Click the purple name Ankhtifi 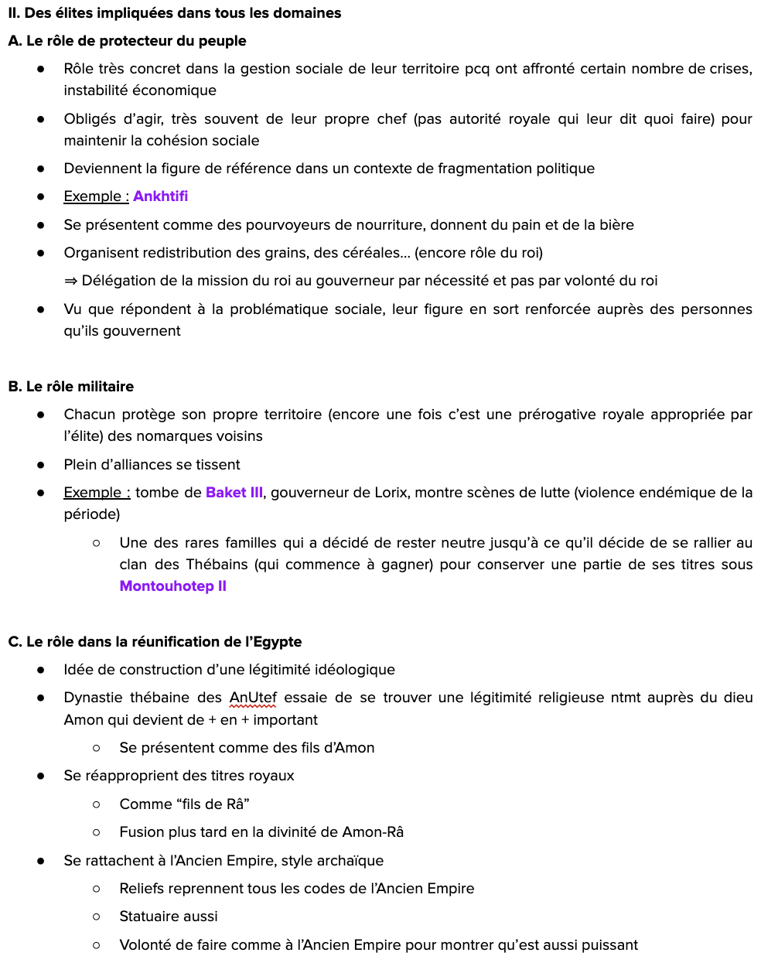click(x=160, y=196)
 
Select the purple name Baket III click(x=234, y=493)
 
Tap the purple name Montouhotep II click(x=172, y=586)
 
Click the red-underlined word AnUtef click(x=253, y=698)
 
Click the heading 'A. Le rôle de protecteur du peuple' click(x=127, y=41)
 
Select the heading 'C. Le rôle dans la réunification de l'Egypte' click(x=155, y=642)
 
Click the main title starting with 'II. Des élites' click(x=175, y=13)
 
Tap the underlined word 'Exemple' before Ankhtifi click(x=93, y=196)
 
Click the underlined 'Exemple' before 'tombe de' click(x=93, y=493)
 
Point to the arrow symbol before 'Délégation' click(x=70, y=281)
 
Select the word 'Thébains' click(x=217, y=565)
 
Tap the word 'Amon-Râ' click(x=373, y=832)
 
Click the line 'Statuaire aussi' click(x=169, y=917)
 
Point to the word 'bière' click(x=615, y=225)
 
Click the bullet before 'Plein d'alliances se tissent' click(x=40, y=465)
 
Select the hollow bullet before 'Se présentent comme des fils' click(x=96, y=748)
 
